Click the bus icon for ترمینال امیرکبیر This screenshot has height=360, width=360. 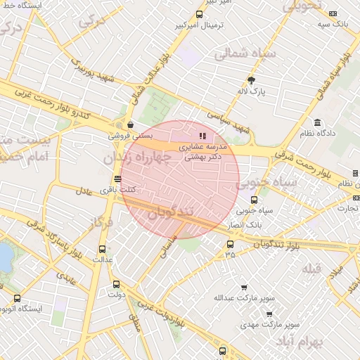[200, 14]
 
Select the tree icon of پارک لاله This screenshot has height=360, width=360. [252, 79]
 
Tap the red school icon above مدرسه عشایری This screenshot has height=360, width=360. [202, 135]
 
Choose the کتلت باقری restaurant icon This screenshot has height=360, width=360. [117, 179]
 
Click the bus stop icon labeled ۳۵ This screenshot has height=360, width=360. [230, 245]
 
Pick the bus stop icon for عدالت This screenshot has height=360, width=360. [103, 249]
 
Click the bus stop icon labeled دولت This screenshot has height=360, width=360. [116, 285]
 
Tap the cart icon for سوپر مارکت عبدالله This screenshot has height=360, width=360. [244, 288]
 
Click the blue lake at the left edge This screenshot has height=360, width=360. [4, 256]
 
